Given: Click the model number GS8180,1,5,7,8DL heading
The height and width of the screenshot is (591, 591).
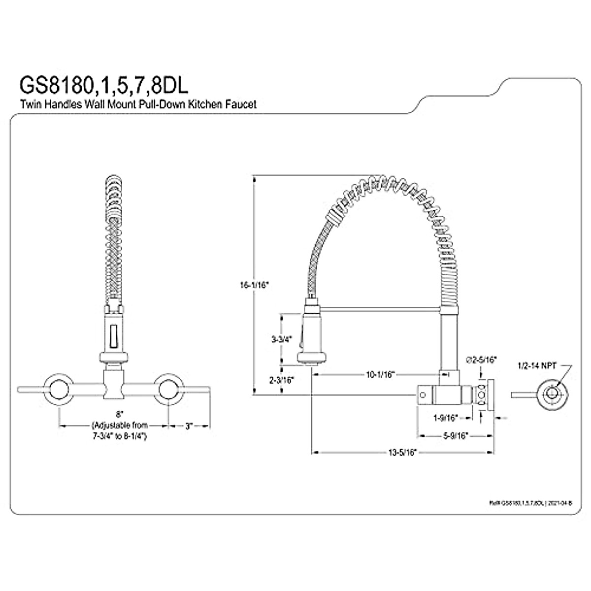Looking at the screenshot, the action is point(103,84).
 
